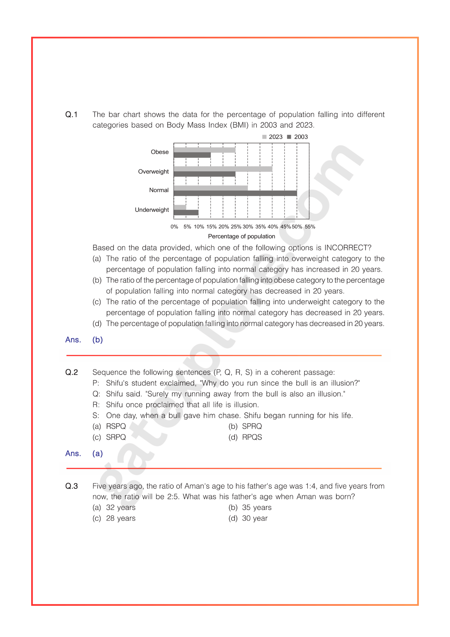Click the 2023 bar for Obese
[x=204, y=150]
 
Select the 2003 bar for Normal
[x=235, y=193]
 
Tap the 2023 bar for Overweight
[x=223, y=169]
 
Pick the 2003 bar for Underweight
[x=186, y=212]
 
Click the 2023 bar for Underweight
[x=180, y=207]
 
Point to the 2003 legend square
[x=289, y=137]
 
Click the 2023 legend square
[x=264, y=137]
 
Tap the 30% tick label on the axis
[x=248, y=227]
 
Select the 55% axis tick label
[x=310, y=227]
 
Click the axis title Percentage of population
[x=241, y=236]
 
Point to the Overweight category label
[x=153, y=172]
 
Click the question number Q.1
[x=71, y=115]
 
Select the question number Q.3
[x=71, y=486]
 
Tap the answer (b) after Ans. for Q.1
[x=97, y=340]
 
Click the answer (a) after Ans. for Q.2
[x=97, y=454]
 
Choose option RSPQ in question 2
[x=116, y=426]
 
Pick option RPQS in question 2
[x=252, y=437]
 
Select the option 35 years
[x=257, y=508]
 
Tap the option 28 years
[x=121, y=519]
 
